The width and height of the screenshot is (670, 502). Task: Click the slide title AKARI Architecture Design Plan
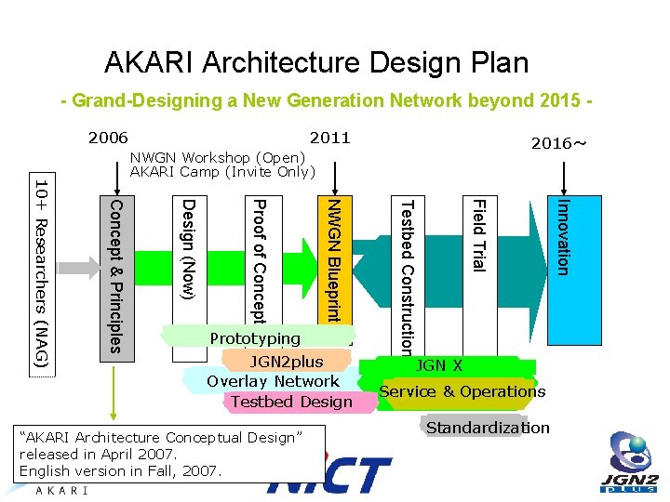(316, 62)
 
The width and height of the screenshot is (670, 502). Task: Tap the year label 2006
(108, 138)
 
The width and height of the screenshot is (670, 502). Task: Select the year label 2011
(329, 138)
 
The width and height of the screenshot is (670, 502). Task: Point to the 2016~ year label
(559, 144)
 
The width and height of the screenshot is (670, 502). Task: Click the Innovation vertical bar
(562, 237)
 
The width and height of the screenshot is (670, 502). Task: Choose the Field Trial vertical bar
(476, 236)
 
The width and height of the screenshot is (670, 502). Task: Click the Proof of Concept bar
(260, 257)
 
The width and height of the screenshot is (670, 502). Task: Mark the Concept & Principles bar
(114, 275)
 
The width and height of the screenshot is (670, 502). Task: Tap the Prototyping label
(255, 338)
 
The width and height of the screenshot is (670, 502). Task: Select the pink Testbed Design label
(290, 402)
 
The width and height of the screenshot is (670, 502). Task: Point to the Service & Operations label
(462, 391)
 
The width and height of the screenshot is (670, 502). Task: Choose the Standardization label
(488, 428)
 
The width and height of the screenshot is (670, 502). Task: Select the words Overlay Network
(273, 381)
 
